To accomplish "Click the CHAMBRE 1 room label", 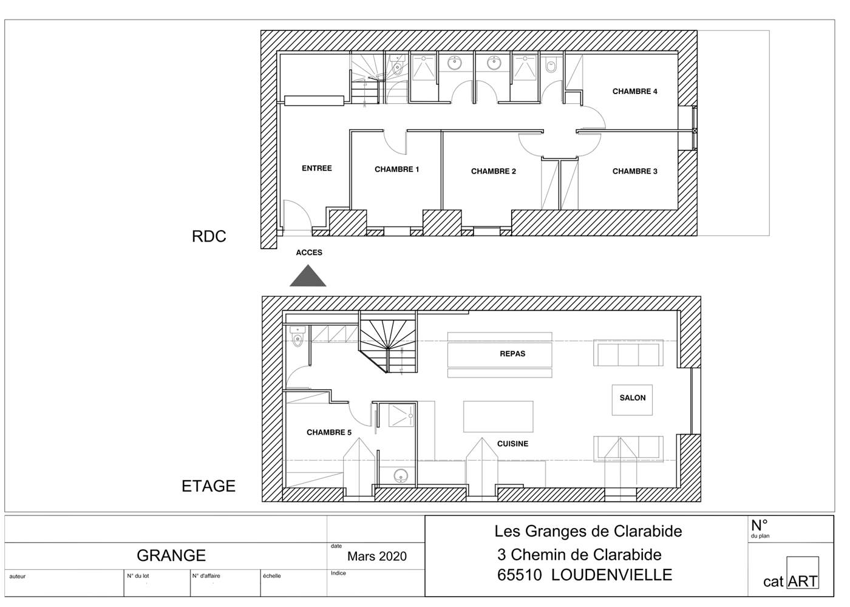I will tap(396, 169).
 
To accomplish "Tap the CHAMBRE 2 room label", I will tap(493, 171).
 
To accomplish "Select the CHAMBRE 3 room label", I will tap(634, 171).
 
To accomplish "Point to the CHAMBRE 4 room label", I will tap(634, 92).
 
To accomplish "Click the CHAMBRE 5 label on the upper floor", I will tap(328, 433).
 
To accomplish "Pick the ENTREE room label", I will tap(316, 168).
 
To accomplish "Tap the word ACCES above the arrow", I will tap(309, 253).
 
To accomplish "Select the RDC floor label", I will tap(209, 237).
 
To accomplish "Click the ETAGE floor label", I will tap(208, 486).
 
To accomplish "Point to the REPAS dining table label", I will tap(512, 354).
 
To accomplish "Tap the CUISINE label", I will tap(512, 444).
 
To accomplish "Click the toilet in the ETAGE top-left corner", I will tap(297, 337).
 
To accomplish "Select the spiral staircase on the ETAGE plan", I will tap(387, 341).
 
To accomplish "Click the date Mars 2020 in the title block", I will tap(376, 557).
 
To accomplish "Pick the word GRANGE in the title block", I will tap(171, 555).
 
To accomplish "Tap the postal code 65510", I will tap(519, 575).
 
